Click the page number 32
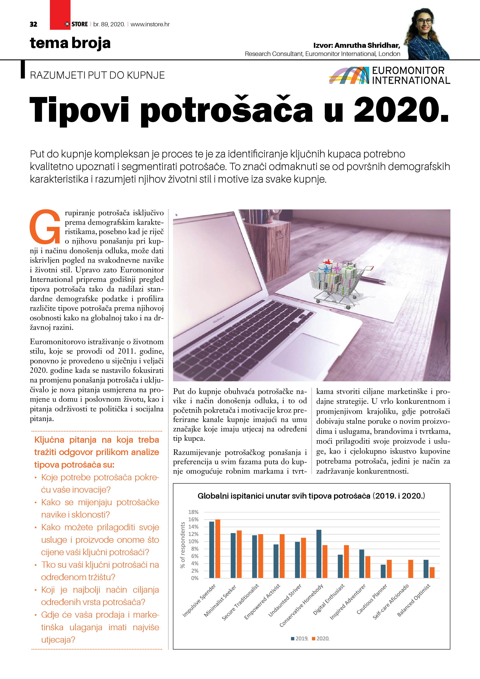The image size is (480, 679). pos(33,24)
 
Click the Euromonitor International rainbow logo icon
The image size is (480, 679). pos(349,75)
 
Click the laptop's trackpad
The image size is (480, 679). pos(305,352)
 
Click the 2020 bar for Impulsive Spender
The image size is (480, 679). pos(218,549)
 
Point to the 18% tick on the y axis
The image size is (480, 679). pos(193,512)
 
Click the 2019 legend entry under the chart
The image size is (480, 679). pos(300,639)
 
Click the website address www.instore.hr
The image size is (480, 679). pos(150,24)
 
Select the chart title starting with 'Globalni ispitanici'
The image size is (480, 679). pos(311,496)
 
